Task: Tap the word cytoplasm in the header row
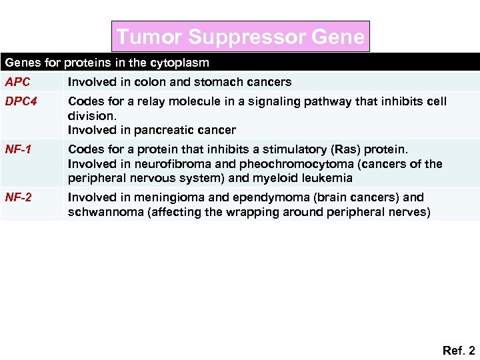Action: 181,63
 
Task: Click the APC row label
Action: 17,82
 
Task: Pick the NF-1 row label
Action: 19,149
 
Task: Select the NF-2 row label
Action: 19,197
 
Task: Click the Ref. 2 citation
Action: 458,350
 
